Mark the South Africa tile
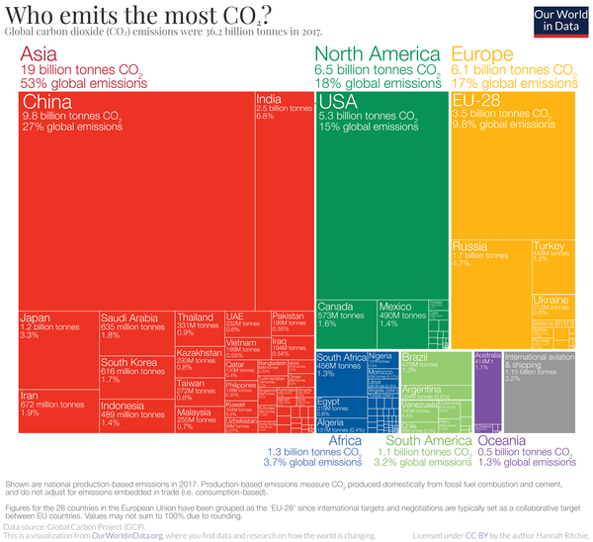tap(340, 372)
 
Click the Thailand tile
tap(199, 327)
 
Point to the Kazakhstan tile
tap(199, 361)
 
